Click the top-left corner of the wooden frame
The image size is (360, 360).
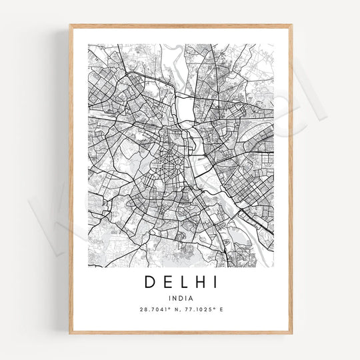tap(69, 25)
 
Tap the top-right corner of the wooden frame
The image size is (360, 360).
tap(291, 25)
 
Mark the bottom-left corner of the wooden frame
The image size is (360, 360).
tap(69, 333)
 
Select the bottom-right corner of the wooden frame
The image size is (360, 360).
tap(291, 333)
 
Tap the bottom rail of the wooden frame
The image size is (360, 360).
tap(180, 331)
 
